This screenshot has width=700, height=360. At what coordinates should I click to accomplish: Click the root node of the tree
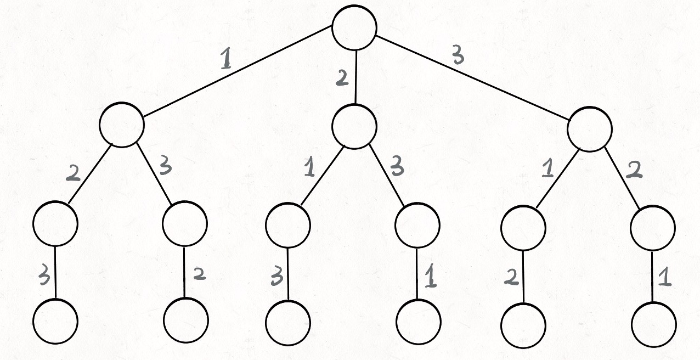coord(354,27)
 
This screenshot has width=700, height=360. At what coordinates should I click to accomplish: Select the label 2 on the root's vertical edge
coord(342,78)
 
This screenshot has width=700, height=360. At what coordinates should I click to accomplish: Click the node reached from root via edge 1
coord(122,125)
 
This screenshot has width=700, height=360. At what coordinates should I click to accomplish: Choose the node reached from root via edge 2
coord(354,127)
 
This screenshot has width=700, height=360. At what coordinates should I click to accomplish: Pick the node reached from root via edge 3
coord(589,129)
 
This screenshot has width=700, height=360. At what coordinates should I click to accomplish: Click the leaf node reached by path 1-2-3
coord(55,321)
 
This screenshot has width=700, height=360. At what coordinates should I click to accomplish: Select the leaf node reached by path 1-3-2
coord(185,320)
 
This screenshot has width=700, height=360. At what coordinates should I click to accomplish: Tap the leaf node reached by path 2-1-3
coord(288,323)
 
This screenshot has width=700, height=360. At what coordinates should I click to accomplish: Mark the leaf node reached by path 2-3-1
coord(419,322)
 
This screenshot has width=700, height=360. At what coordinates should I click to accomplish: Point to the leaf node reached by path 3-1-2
coord(523,325)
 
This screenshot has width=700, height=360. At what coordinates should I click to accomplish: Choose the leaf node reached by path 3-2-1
coord(654,325)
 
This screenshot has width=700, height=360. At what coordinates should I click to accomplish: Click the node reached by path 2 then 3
coord(417,226)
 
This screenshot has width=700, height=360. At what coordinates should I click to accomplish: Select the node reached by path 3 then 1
coord(523,228)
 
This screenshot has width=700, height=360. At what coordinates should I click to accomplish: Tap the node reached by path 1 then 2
coord(55,223)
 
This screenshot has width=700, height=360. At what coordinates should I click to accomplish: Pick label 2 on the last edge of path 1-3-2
coord(199,273)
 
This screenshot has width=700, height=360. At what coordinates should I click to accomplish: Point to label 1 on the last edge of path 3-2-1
coord(665,279)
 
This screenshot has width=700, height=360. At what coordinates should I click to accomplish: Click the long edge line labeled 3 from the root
coord(472,78)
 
